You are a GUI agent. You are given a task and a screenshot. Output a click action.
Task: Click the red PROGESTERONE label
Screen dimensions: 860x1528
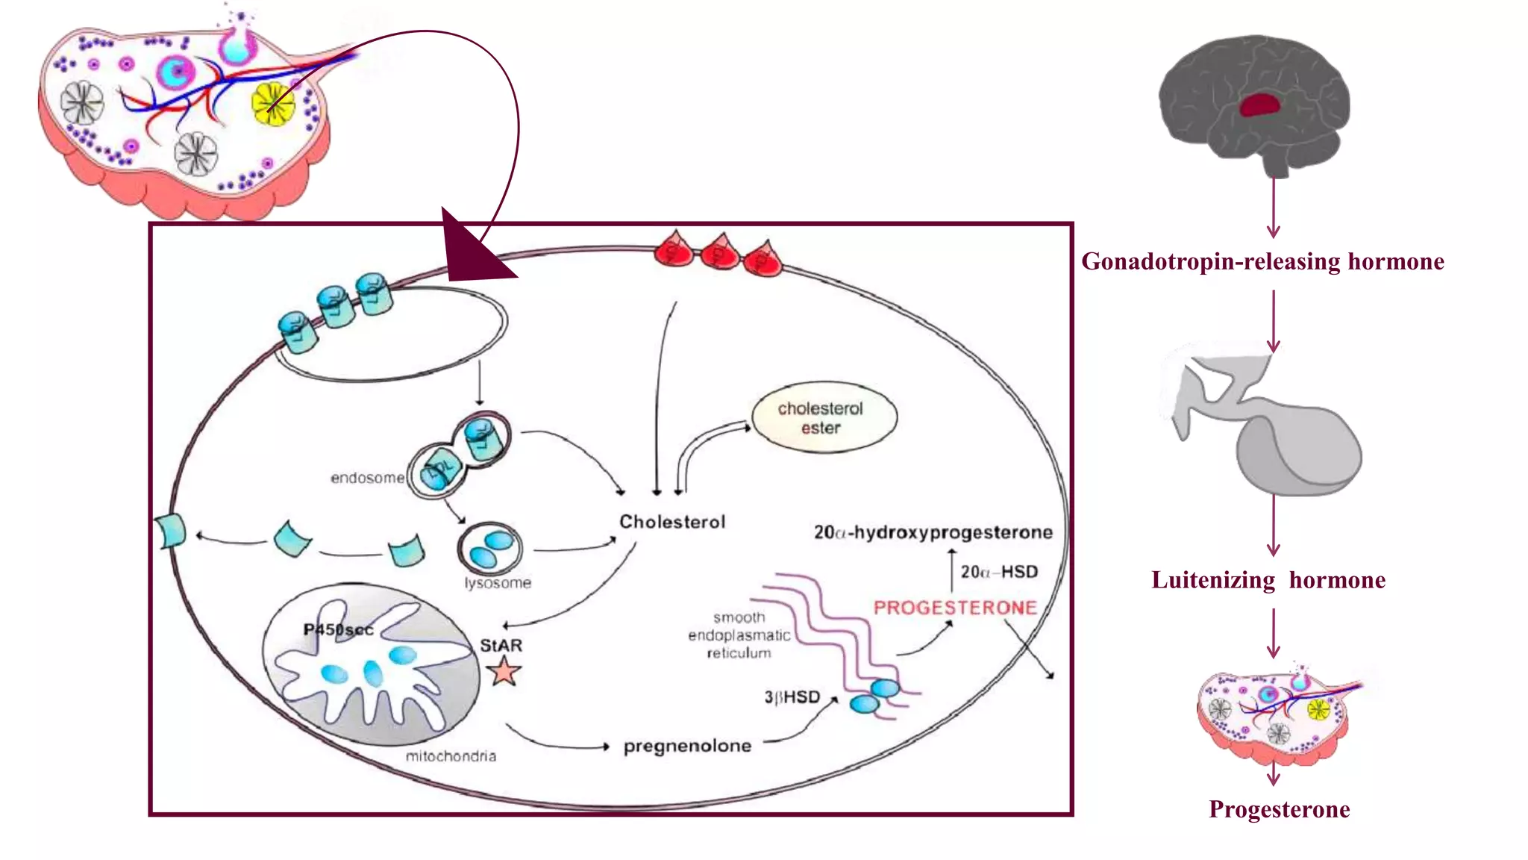point(955,608)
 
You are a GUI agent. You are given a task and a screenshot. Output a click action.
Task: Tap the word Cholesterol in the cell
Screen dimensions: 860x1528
point(672,522)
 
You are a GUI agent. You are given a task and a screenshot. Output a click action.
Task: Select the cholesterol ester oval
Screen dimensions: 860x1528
point(824,418)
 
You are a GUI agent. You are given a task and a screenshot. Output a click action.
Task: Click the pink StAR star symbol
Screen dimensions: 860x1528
point(504,671)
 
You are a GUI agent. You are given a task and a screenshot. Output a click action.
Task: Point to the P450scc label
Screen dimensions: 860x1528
point(338,629)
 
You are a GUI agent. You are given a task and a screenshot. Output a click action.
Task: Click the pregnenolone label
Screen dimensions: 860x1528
point(687,746)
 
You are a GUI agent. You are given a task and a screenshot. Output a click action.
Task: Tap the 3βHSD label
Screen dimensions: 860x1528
point(792,697)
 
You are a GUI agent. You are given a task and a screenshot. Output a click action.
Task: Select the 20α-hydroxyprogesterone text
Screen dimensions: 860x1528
point(933,532)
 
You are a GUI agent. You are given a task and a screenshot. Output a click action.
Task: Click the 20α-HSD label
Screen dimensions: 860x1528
point(999,572)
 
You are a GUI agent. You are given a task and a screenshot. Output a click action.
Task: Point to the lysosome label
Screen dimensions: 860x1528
point(498,583)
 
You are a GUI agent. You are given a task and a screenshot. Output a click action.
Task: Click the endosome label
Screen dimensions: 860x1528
point(367,478)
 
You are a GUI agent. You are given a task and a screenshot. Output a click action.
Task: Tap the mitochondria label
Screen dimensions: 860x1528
point(451,756)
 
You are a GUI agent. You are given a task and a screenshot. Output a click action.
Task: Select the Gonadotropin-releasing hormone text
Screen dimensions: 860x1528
point(1262,262)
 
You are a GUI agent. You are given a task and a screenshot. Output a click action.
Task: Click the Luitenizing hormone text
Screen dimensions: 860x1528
point(1268,580)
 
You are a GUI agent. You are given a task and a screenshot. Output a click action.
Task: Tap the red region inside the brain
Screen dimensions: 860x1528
point(1262,104)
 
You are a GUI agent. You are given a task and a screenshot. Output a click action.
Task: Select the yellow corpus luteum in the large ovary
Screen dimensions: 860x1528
point(273,105)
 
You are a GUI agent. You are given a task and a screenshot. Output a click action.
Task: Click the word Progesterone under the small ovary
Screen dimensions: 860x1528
point(1279,809)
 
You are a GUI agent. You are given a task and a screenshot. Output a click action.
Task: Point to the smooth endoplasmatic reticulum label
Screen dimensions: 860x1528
point(739,635)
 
